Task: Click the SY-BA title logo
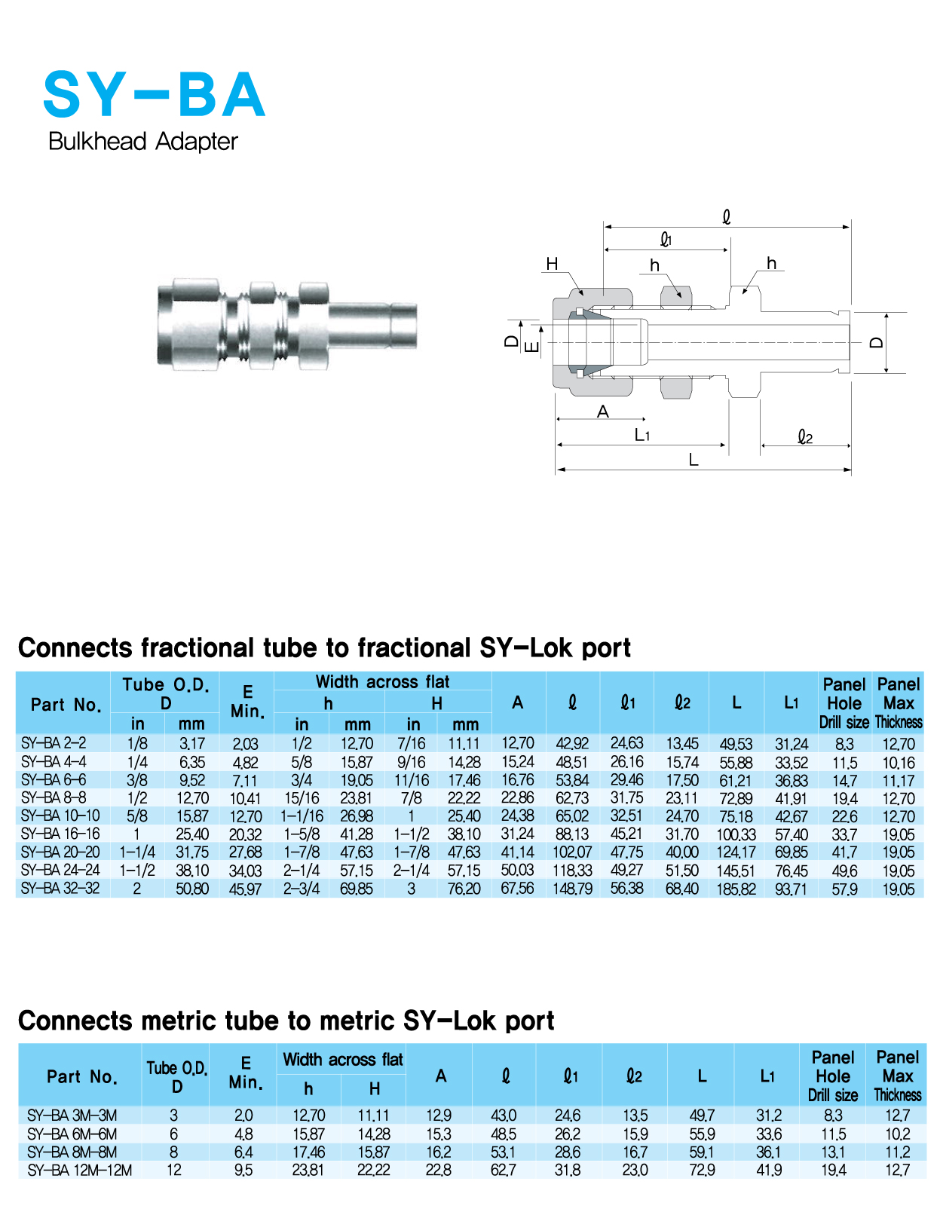coord(154,95)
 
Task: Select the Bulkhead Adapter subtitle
coord(142,142)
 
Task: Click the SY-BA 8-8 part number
coord(54,797)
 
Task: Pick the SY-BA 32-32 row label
coord(60,889)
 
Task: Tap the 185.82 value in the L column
coord(736,889)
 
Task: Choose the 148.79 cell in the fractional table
coord(572,889)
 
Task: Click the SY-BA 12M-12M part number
coord(79,1170)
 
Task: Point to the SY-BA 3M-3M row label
coord(72,1115)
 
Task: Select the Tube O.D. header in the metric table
coord(176,1076)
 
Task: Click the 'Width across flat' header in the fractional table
coord(382,682)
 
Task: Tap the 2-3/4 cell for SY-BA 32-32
coord(302,889)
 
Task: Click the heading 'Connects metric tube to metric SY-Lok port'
coord(286,1021)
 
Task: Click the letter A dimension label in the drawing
coord(602,412)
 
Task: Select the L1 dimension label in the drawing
coord(642,435)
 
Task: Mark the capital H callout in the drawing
coord(552,264)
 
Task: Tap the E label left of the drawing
coord(531,347)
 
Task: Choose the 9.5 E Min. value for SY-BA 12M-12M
coord(243,1170)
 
